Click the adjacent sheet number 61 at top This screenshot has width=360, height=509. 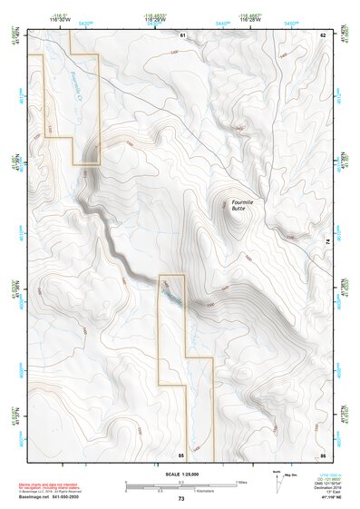pos(181,34)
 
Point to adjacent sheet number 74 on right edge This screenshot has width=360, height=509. pos(328,241)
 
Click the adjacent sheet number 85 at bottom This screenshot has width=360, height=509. pos(181,453)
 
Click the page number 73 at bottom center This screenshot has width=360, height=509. pos(180,499)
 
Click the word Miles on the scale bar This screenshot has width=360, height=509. pos(241,481)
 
